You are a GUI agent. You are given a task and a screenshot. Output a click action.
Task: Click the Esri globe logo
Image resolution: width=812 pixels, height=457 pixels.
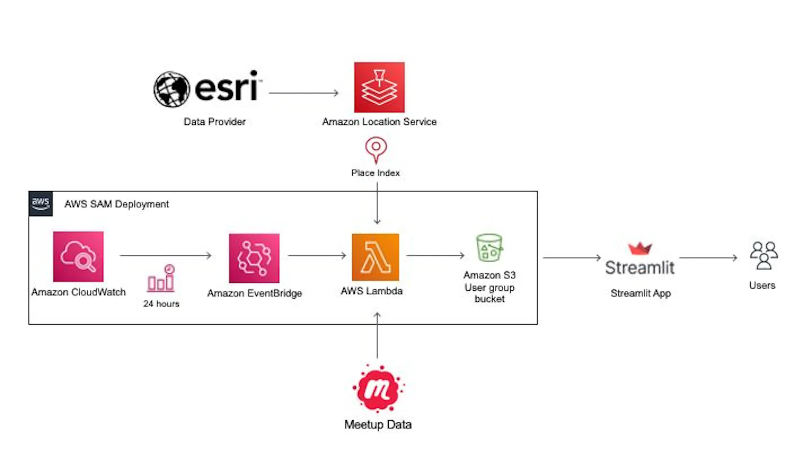coord(171,89)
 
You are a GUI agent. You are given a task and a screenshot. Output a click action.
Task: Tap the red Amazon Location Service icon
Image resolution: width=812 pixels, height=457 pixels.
coord(379,87)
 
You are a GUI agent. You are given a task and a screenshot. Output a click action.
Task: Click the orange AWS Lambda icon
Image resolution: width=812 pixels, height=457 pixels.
coord(375,257)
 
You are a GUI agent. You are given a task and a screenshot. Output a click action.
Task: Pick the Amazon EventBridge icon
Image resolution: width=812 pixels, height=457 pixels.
coord(254,258)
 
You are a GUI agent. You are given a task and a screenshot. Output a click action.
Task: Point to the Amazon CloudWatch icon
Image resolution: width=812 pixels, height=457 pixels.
coord(78,256)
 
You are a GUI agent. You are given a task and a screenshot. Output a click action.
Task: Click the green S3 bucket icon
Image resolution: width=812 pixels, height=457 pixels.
coord(489,248)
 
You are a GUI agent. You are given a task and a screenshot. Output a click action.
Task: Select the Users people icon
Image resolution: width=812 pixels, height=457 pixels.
coord(764,256)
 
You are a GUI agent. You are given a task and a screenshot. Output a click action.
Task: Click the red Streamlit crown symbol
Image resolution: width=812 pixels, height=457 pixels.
coord(640,248)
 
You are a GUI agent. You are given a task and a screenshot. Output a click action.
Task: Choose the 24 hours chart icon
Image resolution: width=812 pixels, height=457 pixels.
coord(161,278)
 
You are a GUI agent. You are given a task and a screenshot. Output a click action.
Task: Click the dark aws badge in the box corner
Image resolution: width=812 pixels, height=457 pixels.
coord(41,204)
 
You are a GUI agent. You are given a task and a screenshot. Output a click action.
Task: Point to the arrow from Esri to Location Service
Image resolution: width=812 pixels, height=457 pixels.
coord(304,93)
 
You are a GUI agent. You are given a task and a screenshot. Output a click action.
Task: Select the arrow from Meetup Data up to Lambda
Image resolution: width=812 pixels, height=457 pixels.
coord(377,335)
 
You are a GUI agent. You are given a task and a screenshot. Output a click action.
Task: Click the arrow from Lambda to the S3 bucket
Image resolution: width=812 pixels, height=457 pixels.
coord(435,255)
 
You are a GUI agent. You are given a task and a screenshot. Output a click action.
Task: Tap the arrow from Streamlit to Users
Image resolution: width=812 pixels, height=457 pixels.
coord(708,257)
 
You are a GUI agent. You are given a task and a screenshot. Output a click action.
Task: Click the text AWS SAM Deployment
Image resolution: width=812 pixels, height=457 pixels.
coord(116,204)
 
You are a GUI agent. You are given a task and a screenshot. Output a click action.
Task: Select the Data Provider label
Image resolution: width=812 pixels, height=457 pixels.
coord(214,122)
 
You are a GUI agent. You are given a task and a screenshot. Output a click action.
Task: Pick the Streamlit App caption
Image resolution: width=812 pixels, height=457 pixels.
coord(641,293)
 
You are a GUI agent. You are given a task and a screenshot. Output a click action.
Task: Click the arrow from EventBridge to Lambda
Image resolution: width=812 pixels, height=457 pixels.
coord(317,255)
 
